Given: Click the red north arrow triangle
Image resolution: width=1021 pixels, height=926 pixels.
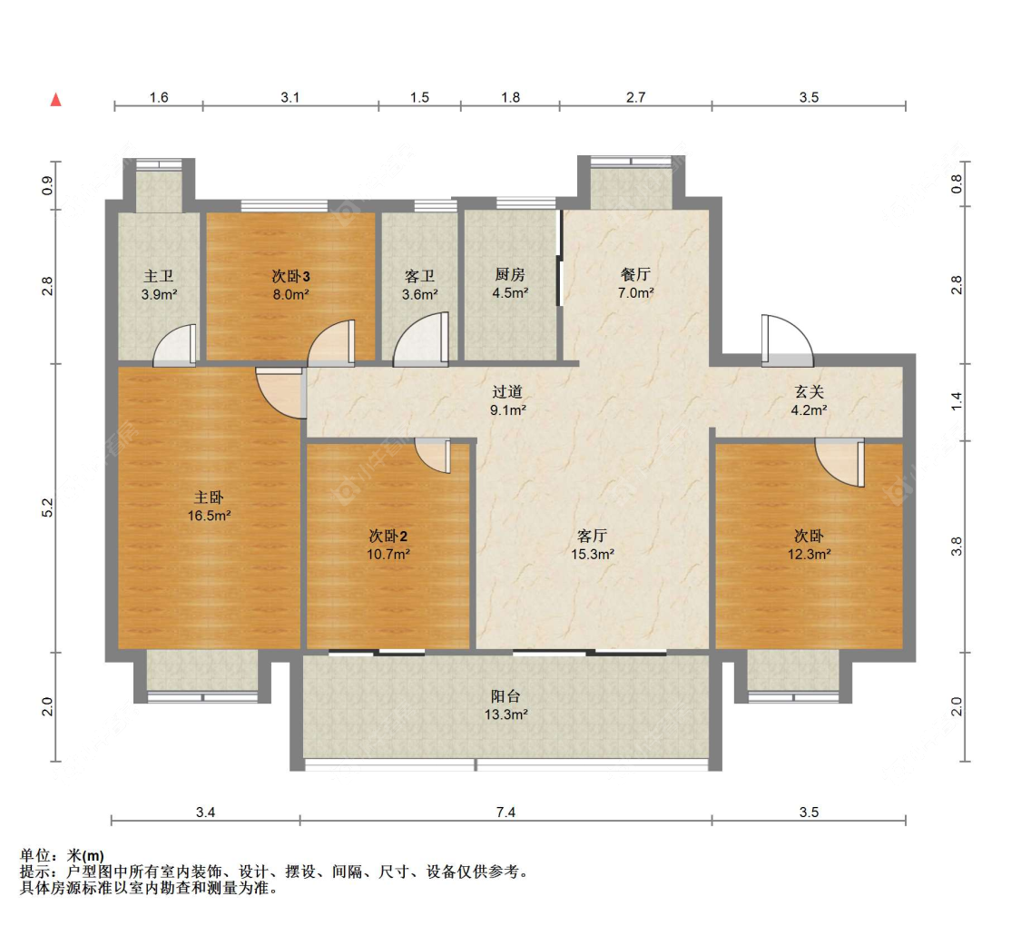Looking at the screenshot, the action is click(x=56, y=100).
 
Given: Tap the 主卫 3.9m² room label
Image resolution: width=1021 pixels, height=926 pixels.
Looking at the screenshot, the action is click(x=159, y=285).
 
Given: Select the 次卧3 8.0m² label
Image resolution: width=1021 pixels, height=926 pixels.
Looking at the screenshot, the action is click(x=290, y=285).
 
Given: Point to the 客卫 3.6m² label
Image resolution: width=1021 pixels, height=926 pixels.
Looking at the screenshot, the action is click(x=419, y=285).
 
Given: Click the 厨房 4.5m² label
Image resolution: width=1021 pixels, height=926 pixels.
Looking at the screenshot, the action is click(x=510, y=284).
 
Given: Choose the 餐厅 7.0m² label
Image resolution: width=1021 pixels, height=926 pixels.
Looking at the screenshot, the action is click(x=635, y=284).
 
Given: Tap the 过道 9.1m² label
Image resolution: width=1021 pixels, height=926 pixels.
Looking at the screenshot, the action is click(x=508, y=400).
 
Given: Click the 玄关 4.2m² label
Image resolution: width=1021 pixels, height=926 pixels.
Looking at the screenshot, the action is click(x=809, y=400).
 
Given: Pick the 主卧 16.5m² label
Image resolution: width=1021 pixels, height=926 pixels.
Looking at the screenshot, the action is click(x=209, y=507).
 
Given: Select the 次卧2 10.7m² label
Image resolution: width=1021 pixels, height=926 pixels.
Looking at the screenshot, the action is click(x=388, y=545).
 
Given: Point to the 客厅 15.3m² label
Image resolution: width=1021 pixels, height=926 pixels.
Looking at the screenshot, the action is click(x=593, y=545).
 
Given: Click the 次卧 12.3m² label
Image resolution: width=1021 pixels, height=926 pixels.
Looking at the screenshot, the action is click(x=809, y=545).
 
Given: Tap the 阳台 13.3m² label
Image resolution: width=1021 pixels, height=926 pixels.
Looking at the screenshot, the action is click(x=506, y=705).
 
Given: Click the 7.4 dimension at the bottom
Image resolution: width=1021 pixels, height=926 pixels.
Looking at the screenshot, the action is click(x=506, y=812).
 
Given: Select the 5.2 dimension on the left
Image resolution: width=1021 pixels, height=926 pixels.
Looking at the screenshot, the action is click(x=47, y=507).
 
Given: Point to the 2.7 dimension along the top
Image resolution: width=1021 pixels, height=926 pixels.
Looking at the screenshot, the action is click(x=635, y=97).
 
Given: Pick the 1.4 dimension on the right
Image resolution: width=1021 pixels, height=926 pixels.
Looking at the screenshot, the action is click(x=957, y=401).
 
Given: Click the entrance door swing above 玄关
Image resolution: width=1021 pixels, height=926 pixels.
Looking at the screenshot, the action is click(x=787, y=340).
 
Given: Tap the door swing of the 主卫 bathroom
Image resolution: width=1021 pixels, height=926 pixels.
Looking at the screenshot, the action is click(x=174, y=344).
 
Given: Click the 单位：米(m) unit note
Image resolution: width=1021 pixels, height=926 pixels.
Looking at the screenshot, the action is click(x=62, y=855).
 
